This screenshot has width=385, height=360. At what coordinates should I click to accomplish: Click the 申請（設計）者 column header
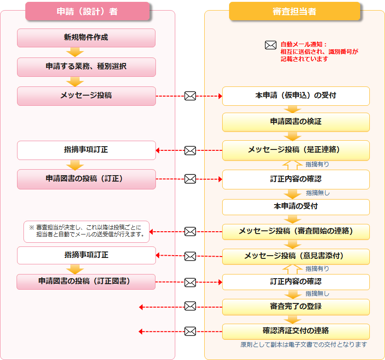click(87, 11)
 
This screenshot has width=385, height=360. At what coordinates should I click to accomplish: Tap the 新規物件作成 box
click(86, 38)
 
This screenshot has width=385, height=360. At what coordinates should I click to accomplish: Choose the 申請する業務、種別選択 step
click(86, 67)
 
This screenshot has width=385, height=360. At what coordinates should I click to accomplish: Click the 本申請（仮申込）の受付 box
click(296, 96)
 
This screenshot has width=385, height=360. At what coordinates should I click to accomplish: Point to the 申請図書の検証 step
click(296, 122)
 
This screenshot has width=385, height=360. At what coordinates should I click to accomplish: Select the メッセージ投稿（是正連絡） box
click(296, 150)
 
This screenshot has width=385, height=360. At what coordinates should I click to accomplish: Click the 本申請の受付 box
click(296, 207)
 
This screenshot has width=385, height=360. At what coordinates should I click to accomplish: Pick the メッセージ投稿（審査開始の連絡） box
click(296, 231)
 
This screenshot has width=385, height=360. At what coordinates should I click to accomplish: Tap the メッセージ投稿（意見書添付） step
click(296, 256)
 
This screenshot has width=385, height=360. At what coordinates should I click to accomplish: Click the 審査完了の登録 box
click(296, 307)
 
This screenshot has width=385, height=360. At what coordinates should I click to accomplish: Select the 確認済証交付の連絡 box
click(296, 331)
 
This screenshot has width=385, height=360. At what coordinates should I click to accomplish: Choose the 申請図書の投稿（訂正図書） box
click(86, 281)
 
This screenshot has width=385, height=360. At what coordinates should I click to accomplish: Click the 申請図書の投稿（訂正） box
click(86, 179)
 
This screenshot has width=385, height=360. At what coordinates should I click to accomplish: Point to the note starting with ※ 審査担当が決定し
click(86, 231)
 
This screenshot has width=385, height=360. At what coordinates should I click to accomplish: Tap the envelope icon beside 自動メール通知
click(270, 45)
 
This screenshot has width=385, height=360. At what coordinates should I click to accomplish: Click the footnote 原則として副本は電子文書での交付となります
click(304, 345)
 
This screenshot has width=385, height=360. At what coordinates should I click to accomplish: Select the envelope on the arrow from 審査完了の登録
click(190, 306)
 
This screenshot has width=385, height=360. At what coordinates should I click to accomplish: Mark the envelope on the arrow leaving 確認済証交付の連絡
click(190, 331)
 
